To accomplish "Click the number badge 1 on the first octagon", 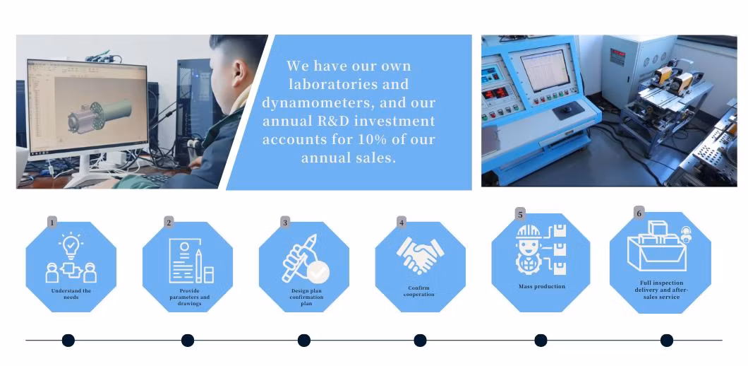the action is coord(52,223).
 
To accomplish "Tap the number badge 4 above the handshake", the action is coord(402,222).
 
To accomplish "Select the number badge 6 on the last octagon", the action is coord(639,213).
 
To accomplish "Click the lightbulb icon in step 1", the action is coord(71,245).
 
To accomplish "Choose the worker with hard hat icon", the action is coord(529,248).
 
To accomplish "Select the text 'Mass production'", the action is coord(542,286).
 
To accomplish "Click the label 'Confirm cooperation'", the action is coord(419,291).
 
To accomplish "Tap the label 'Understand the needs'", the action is coord(71,294).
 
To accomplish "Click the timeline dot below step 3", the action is coord(304,341).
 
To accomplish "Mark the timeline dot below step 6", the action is coord(666,341).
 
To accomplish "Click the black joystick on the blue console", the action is coord(568,110).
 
